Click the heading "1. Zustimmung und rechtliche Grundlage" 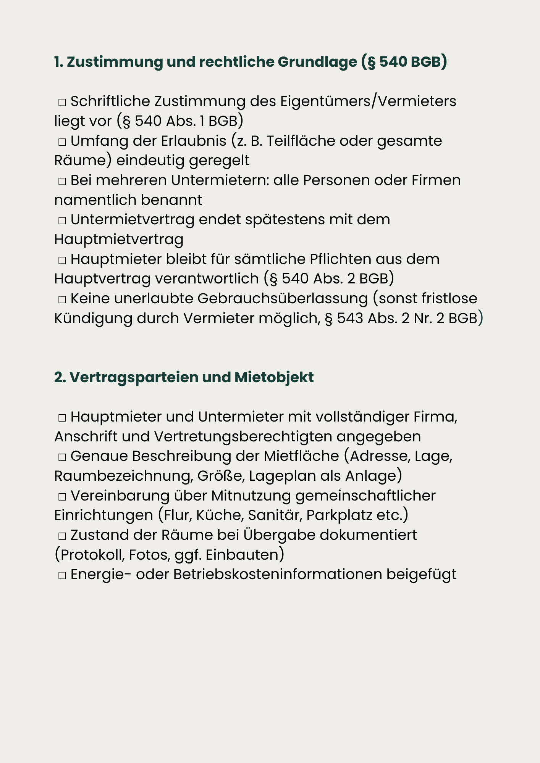[x=250, y=62]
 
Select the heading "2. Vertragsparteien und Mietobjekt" [x=184, y=377]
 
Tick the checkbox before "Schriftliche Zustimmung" [x=62, y=102]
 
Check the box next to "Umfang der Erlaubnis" [x=62, y=142]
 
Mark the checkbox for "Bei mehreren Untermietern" [x=62, y=181]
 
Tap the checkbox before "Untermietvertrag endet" [x=62, y=221]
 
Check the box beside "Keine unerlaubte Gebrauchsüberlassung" [x=62, y=299]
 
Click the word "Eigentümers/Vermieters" [x=368, y=101]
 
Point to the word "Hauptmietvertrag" [x=119, y=240]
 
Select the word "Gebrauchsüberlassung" [x=282, y=299]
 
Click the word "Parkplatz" [x=339, y=515]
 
